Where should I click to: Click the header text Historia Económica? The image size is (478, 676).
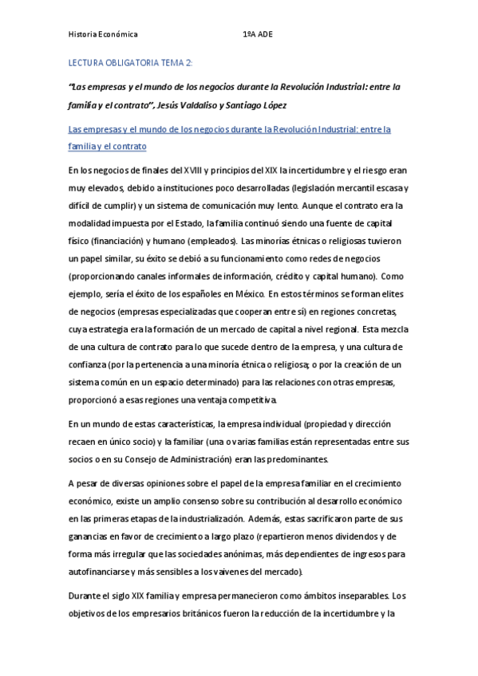pos(103,35)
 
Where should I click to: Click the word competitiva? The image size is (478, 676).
pos(252,399)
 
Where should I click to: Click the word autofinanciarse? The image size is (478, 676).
pos(102,572)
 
